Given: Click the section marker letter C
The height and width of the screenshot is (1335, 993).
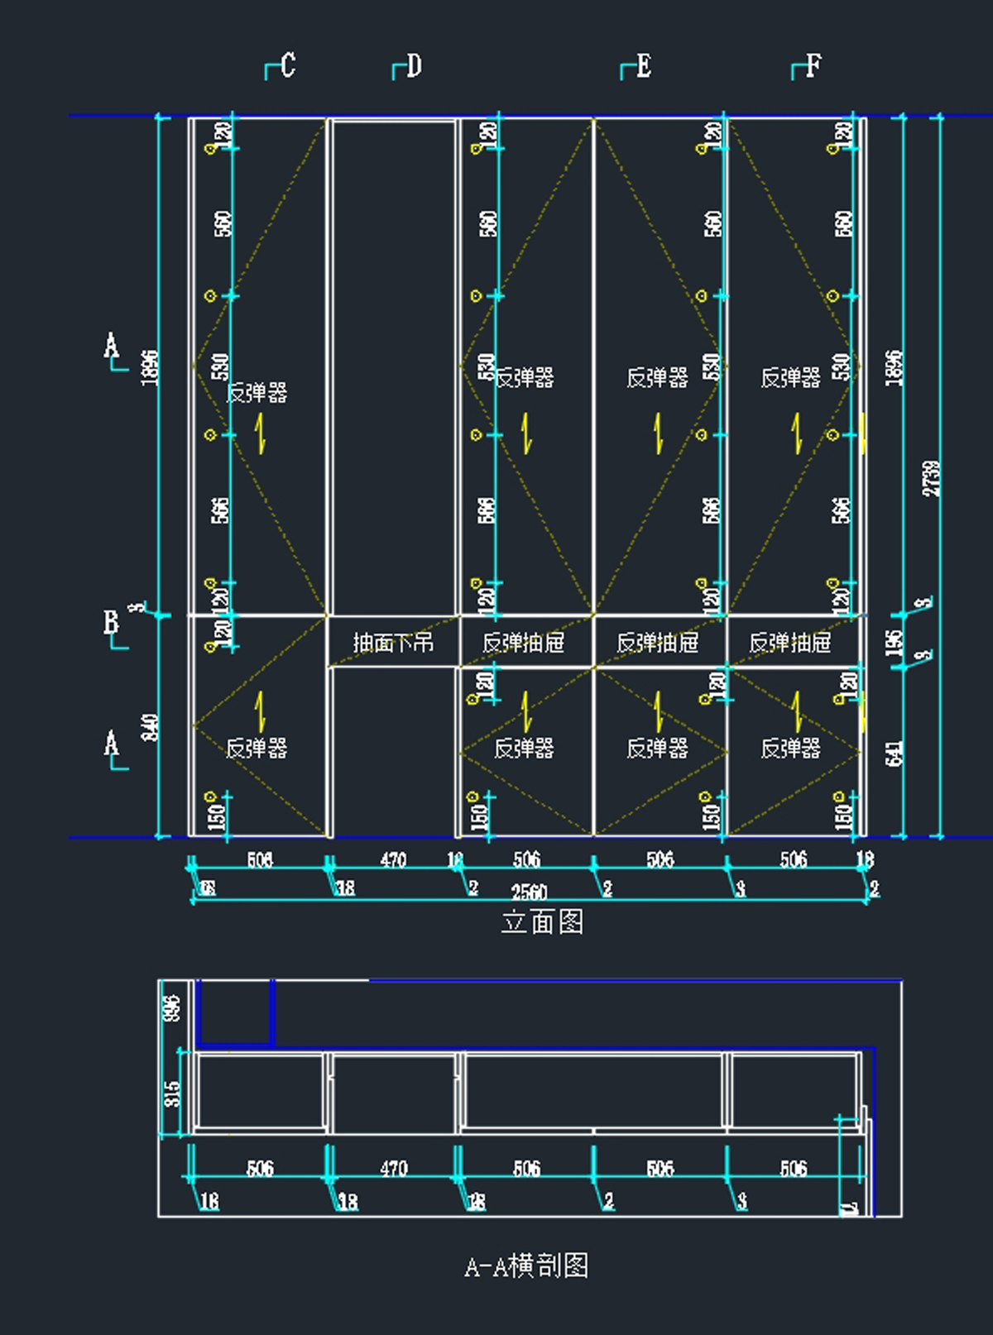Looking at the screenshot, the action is (287, 65).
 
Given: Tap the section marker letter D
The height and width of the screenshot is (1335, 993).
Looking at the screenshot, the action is (414, 65).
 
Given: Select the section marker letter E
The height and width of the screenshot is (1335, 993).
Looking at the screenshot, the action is (643, 65).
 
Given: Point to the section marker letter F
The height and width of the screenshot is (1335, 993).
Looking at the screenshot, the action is (813, 65).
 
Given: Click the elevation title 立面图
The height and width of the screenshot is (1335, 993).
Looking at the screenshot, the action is (542, 921).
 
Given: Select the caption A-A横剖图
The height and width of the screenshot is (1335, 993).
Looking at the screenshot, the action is (526, 1266).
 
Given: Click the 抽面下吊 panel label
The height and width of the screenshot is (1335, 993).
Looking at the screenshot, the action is (393, 643).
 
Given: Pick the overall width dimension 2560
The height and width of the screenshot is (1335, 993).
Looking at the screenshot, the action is (529, 892).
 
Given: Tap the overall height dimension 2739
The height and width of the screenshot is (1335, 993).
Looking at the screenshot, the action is (932, 478).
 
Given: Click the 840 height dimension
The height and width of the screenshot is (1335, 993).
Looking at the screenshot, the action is (151, 727).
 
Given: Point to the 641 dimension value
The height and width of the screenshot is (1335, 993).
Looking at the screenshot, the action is (894, 753).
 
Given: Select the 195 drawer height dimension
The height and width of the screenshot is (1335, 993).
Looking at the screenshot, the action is (894, 643).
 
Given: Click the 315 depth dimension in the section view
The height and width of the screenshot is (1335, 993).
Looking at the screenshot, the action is (171, 1094).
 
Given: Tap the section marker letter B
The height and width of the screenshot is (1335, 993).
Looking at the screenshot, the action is (111, 621).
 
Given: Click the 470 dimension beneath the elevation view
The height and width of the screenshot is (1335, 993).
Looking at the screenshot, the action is (393, 860).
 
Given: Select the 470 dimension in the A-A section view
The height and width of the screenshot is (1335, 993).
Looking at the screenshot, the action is (393, 1169).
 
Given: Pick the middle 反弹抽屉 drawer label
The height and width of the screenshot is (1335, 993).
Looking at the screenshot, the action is (657, 643).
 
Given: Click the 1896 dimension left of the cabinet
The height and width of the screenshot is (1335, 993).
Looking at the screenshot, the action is (150, 366).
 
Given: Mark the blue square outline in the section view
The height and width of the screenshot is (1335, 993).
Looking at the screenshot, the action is (235, 1012).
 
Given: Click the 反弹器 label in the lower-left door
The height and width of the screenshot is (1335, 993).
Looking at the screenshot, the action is (257, 749).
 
